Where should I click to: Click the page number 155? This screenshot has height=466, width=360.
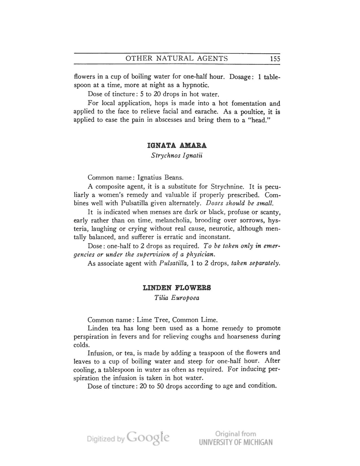tap(274, 59)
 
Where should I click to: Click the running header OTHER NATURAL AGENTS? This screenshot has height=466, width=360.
tap(177, 58)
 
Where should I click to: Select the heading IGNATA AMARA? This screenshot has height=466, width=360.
tap(177, 145)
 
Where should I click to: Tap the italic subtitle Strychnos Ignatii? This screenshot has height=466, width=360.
tap(177, 155)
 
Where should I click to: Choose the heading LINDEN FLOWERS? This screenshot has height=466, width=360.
tap(177, 288)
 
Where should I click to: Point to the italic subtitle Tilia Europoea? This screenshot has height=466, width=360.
tap(177, 298)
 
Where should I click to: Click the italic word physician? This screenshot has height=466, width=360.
tap(201, 254)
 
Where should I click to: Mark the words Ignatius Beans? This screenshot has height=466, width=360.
tap(160, 178)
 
